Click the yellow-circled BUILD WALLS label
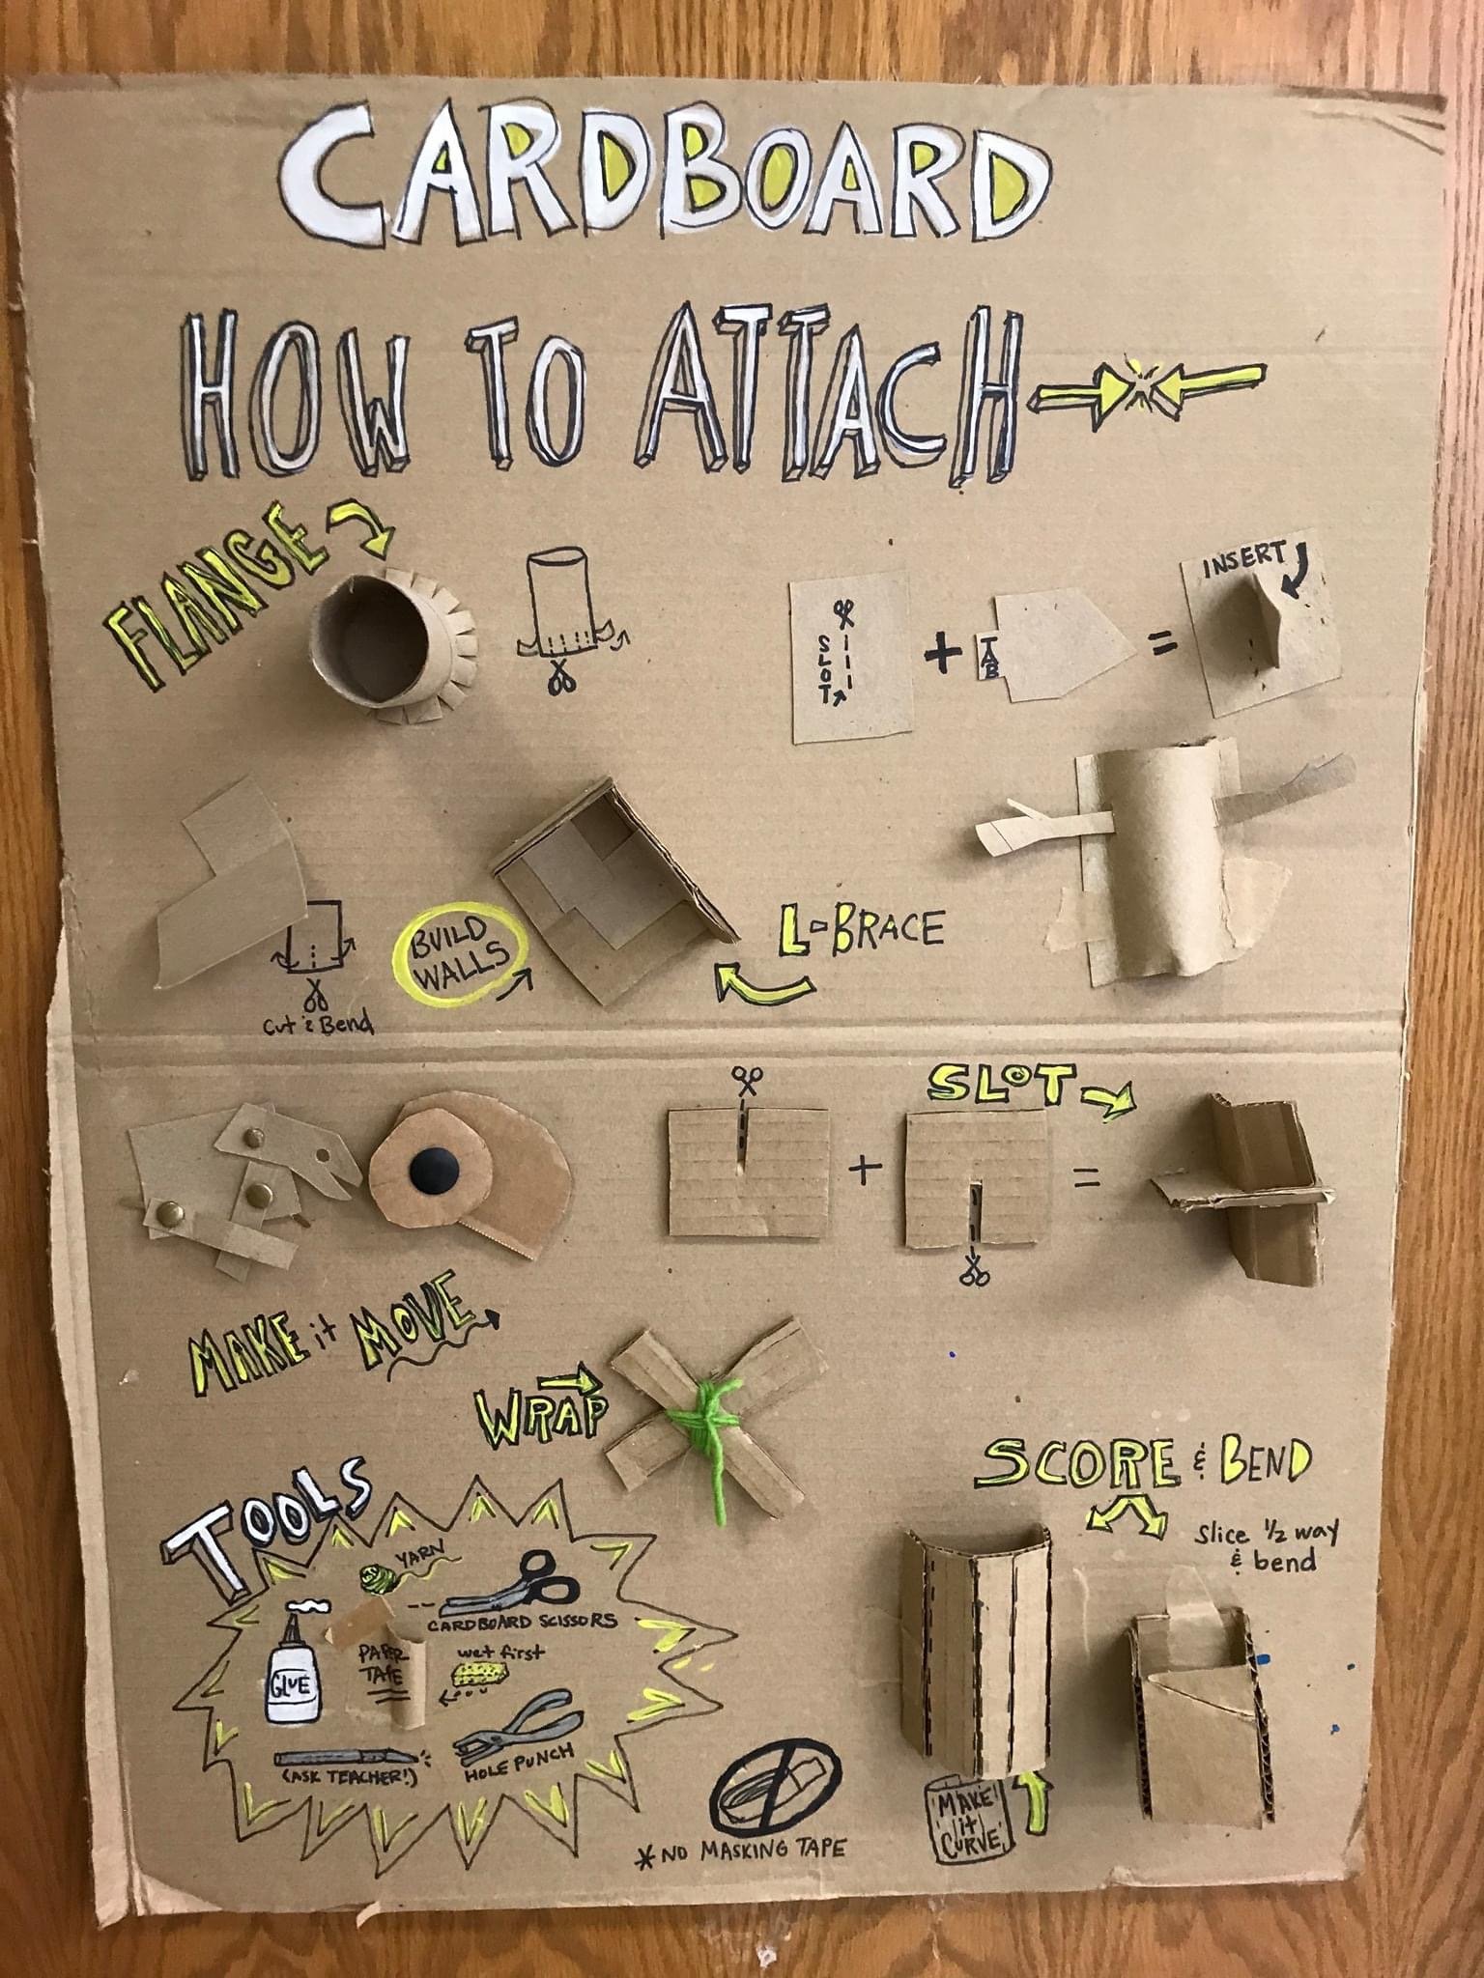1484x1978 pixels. pos(462,949)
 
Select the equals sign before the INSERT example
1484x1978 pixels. pos(1165,644)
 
